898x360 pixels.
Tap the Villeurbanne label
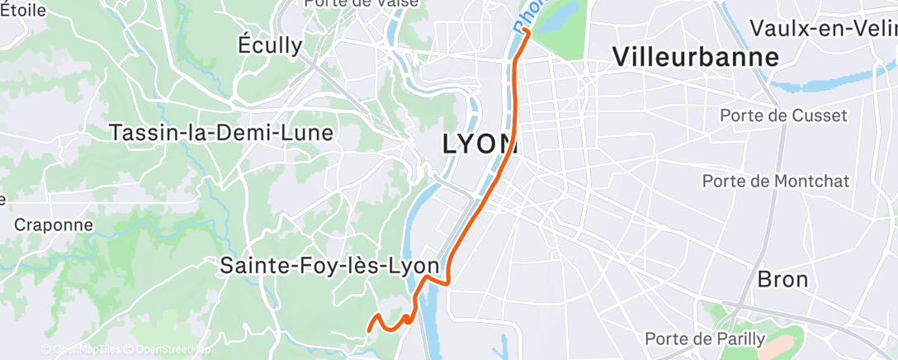point(696,57)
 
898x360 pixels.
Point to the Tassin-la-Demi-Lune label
point(221,132)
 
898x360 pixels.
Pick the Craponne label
point(53,225)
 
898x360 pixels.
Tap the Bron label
point(782,279)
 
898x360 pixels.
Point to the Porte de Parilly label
point(706,339)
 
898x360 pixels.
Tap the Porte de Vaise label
point(362,3)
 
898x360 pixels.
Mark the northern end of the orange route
point(526,31)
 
